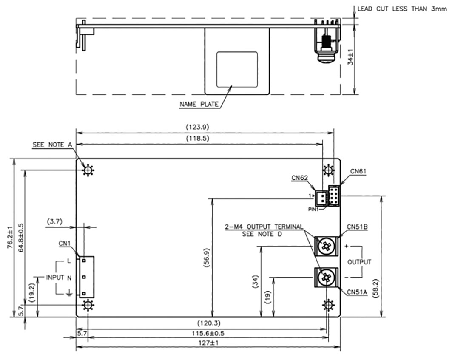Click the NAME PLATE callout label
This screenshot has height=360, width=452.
[199, 104]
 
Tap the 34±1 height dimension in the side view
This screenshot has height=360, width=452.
[350, 57]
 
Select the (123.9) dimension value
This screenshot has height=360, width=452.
[197, 127]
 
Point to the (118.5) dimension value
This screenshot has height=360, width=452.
[197, 139]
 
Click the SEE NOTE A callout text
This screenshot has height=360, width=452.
[52, 145]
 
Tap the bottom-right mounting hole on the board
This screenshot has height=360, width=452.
[328, 305]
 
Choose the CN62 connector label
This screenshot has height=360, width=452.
[299, 178]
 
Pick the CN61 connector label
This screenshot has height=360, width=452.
[358, 171]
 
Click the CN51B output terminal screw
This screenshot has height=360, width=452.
[326, 246]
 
